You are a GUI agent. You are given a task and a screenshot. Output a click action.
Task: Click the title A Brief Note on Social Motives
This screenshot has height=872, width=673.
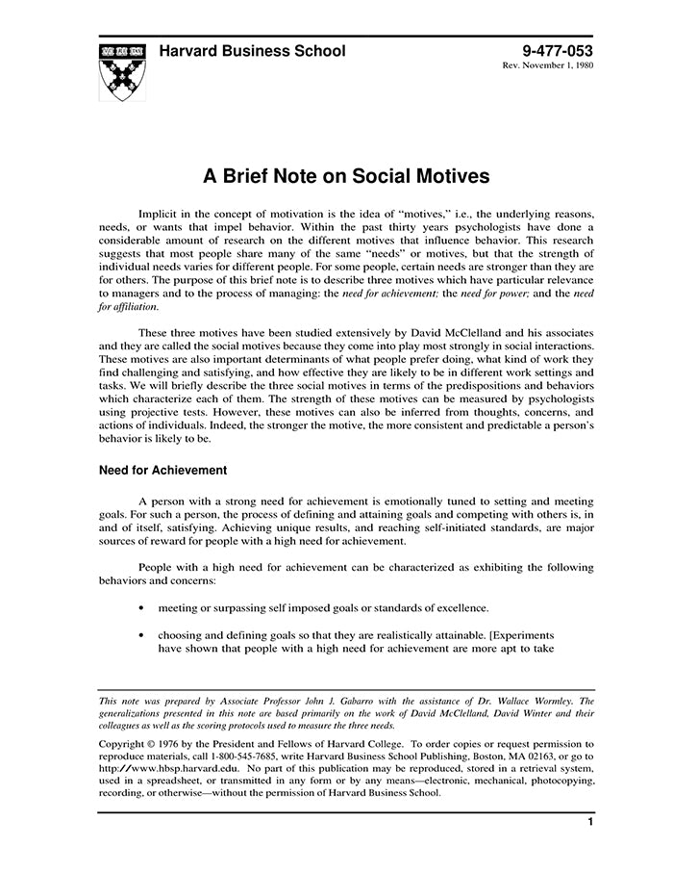346,176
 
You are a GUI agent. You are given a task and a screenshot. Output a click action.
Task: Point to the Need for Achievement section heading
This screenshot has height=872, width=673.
162,471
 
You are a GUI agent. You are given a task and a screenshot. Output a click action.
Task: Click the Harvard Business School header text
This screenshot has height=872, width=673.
252,51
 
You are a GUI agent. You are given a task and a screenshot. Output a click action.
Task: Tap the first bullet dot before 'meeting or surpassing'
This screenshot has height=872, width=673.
142,608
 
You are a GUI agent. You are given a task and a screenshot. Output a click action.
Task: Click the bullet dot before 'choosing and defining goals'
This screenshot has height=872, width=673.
142,636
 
